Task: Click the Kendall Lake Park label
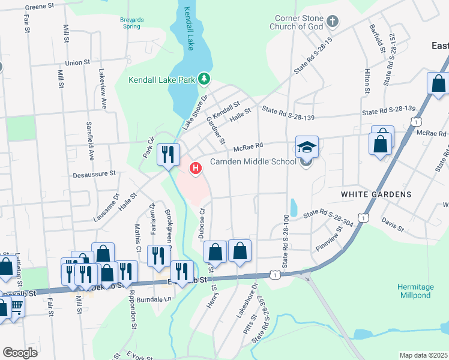pyautogui.click(x=163, y=80)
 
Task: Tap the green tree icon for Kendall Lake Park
pyautogui.click(x=205, y=79)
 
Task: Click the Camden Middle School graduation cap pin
pyautogui.click(x=307, y=148)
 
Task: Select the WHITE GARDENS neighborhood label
pyautogui.click(x=376, y=194)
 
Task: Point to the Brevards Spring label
pyautogui.click(x=132, y=23)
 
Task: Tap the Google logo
pyautogui.click(x=20, y=352)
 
